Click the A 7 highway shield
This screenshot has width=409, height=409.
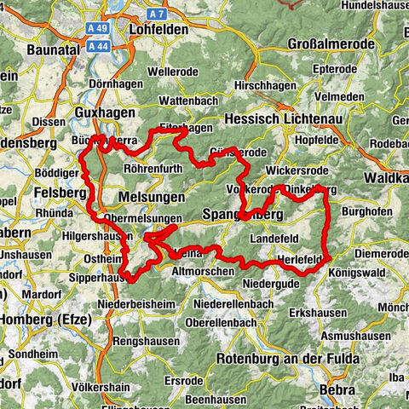(154, 14)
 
